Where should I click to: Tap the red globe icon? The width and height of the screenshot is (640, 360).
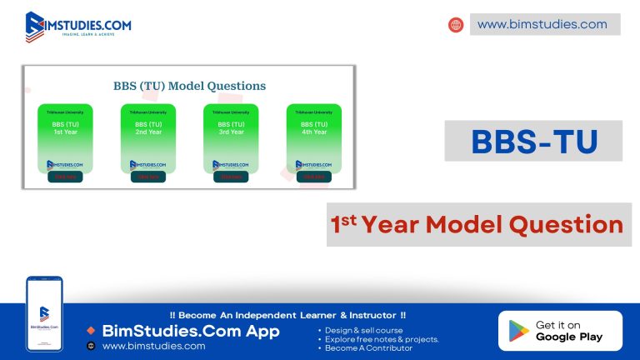pos(456,25)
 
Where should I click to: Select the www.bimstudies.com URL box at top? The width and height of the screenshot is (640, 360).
pos(545,24)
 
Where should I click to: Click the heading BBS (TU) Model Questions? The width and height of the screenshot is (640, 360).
pos(189,86)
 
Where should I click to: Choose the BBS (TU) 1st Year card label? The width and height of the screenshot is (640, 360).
pos(65,128)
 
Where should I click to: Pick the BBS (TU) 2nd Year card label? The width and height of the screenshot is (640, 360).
pos(147,128)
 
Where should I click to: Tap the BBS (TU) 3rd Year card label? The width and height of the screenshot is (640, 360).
pos(231,128)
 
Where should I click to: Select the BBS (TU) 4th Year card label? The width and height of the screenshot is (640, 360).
pos(313,128)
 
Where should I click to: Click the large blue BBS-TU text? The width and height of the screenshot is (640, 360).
pos(534,141)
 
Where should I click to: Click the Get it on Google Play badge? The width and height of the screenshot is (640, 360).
pos(560,331)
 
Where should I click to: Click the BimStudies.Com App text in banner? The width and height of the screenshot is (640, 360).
pos(191,331)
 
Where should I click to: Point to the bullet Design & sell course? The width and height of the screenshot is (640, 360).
pos(363,331)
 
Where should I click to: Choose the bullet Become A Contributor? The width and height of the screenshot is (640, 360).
pos(368,348)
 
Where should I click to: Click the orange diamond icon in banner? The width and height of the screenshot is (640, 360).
pos(91,331)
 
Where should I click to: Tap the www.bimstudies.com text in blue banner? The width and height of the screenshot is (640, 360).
pos(153,346)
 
